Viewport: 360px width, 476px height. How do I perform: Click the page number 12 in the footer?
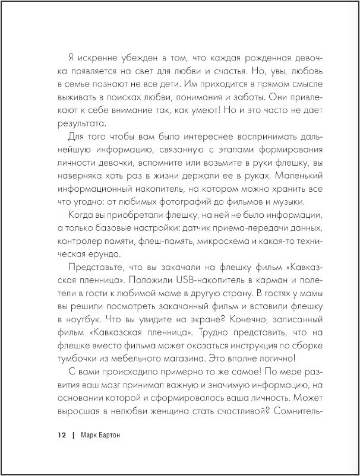point(61,435)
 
